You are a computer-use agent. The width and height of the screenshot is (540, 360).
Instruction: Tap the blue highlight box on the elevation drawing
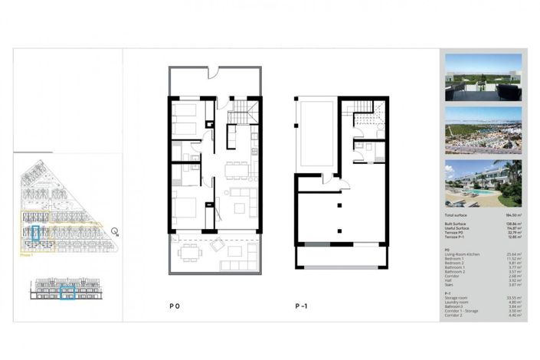[x=67, y=291]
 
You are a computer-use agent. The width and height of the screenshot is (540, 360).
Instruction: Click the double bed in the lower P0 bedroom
[x=185, y=208]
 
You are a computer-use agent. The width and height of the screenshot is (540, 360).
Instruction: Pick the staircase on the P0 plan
[x=243, y=113]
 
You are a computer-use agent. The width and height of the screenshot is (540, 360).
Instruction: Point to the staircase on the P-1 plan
[x=367, y=116]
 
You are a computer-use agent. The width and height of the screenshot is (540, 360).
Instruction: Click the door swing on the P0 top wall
[x=215, y=75]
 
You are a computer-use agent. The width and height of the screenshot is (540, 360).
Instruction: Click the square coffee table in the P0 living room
[x=240, y=208]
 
